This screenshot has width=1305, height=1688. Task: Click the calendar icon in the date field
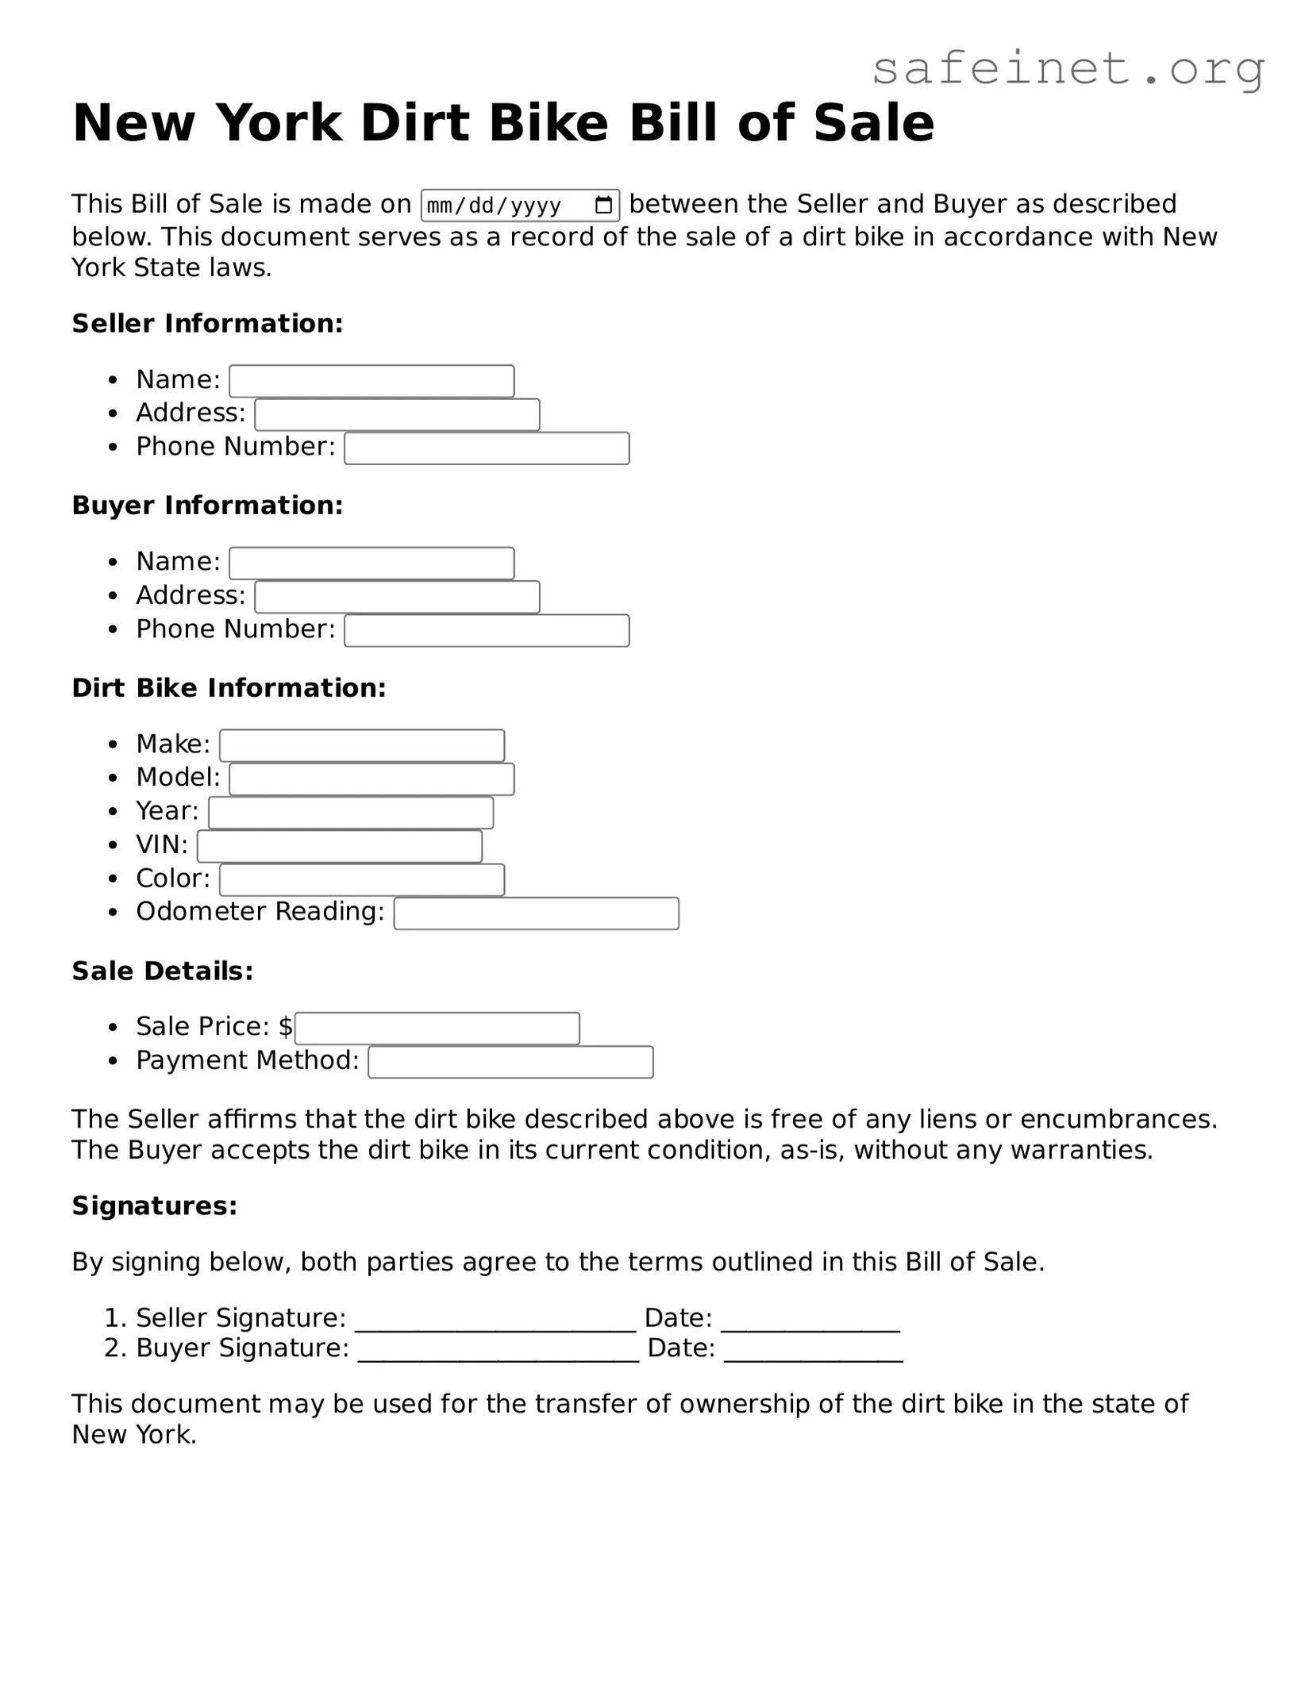603,206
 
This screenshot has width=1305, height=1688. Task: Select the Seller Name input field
371,381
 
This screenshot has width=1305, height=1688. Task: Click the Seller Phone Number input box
487,448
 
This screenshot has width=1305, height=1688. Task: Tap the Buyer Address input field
397,597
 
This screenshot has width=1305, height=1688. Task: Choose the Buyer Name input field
371,563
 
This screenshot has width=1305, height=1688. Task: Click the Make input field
362,745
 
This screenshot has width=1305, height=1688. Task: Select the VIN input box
340,846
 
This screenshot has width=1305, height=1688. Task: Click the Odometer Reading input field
537,913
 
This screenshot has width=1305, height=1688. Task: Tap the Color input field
362,879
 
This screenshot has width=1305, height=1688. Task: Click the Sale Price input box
437,1029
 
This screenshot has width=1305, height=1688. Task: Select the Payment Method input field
511,1062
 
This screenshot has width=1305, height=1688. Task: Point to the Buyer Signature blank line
499,1352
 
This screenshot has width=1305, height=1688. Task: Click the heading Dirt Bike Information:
229,688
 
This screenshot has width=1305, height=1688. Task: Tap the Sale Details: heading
163,971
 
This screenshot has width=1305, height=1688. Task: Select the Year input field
351,813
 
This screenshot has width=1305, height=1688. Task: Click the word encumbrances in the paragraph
1118,1119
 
